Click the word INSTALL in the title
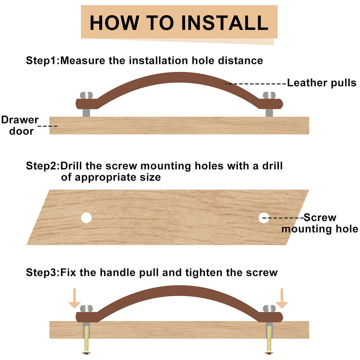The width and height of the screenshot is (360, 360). click(x=225, y=23)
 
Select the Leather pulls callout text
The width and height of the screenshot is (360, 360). click(x=322, y=83)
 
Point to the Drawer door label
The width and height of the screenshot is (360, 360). click(x=20, y=126)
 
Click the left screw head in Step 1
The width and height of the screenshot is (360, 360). click(x=86, y=95)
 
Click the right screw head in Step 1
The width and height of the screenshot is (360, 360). click(x=269, y=95)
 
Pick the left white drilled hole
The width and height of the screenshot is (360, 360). click(x=86, y=218)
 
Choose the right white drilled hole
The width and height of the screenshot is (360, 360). click(x=264, y=218)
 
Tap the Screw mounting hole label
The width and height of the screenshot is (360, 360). click(x=320, y=223)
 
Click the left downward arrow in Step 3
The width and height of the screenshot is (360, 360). click(x=75, y=298)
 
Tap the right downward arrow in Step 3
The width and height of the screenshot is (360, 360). click(x=282, y=298)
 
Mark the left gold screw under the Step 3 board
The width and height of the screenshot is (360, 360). click(x=86, y=340)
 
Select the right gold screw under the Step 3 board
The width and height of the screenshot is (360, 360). click(x=269, y=340)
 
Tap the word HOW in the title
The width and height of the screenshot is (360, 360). click(x=114, y=23)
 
